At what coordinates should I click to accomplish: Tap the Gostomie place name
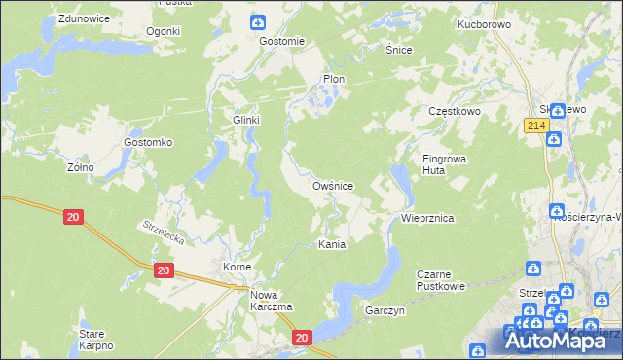[x=282, y=41]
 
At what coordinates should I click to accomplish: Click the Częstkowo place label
[x=456, y=112]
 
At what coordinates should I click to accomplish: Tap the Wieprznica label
[x=427, y=220]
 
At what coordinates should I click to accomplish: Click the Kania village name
[x=332, y=245]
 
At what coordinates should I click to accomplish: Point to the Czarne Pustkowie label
[x=441, y=280]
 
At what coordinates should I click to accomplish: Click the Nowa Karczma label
[x=273, y=301]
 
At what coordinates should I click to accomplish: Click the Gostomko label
[x=148, y=142]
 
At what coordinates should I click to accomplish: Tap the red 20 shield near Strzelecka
[x=74, y=217]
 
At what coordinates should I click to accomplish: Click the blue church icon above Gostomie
[x=258, y=22]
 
